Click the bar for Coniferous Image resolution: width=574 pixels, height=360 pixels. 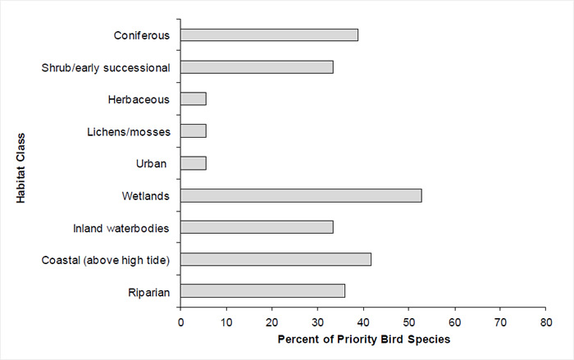[269, 35]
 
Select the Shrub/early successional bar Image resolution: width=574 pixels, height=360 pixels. [257, 67]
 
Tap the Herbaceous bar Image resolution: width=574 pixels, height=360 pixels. [194, 99]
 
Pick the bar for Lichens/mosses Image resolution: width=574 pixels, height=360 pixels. [194, 131]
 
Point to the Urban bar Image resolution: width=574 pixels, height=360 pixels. [194, 163]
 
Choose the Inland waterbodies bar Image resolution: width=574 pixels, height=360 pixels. [257, 227]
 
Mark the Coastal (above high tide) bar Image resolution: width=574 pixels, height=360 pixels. [276, 259]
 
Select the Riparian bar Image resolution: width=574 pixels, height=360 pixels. [262, 291]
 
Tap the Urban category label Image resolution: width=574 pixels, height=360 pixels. [153, 164]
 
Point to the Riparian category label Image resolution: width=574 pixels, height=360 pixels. [148, 292]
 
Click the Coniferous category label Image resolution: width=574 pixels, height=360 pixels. [142, 36]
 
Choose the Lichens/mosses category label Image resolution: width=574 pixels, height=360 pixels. [128, 132]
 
